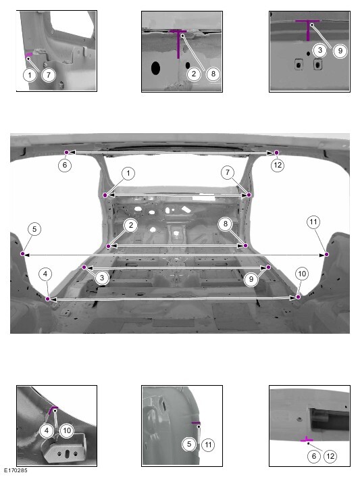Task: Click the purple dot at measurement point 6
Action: click(x=67, y=152)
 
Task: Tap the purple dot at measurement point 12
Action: click(x=276, y=153)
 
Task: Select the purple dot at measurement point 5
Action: click(x=22, y=254)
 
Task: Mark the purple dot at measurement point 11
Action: click(x=326, y=254)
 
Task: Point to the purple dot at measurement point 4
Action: click(x=47, y=299)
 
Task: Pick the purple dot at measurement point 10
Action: click(x=299, y=297)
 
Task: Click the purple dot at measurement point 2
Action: click(x=109, y=246)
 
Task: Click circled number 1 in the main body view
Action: click(x=128, y=174)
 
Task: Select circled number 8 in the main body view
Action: click(x=226, y=224)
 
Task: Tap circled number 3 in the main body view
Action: click(x=102, y=278)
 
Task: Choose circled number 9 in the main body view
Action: click(x=251, y=278)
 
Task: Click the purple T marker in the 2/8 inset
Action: click(x=178, y=43)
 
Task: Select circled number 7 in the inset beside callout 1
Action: click(x=49, y=75)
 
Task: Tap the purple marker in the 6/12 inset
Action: click(x=307, y=439)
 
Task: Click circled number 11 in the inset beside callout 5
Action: click(x=208, y=445)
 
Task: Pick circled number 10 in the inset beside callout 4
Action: click(x=67, y=430)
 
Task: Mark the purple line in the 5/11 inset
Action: click(x=195, y=423)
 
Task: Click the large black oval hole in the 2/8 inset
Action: click(x=155, y=68)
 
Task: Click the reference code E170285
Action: click(x=16, y=470)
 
